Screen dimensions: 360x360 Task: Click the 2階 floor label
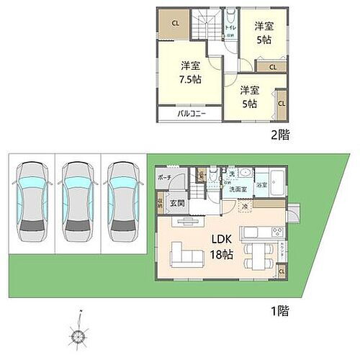280,135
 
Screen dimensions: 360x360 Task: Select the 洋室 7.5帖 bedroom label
191,72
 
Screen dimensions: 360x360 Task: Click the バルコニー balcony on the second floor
191,114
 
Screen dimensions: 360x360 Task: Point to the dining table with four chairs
253,253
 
